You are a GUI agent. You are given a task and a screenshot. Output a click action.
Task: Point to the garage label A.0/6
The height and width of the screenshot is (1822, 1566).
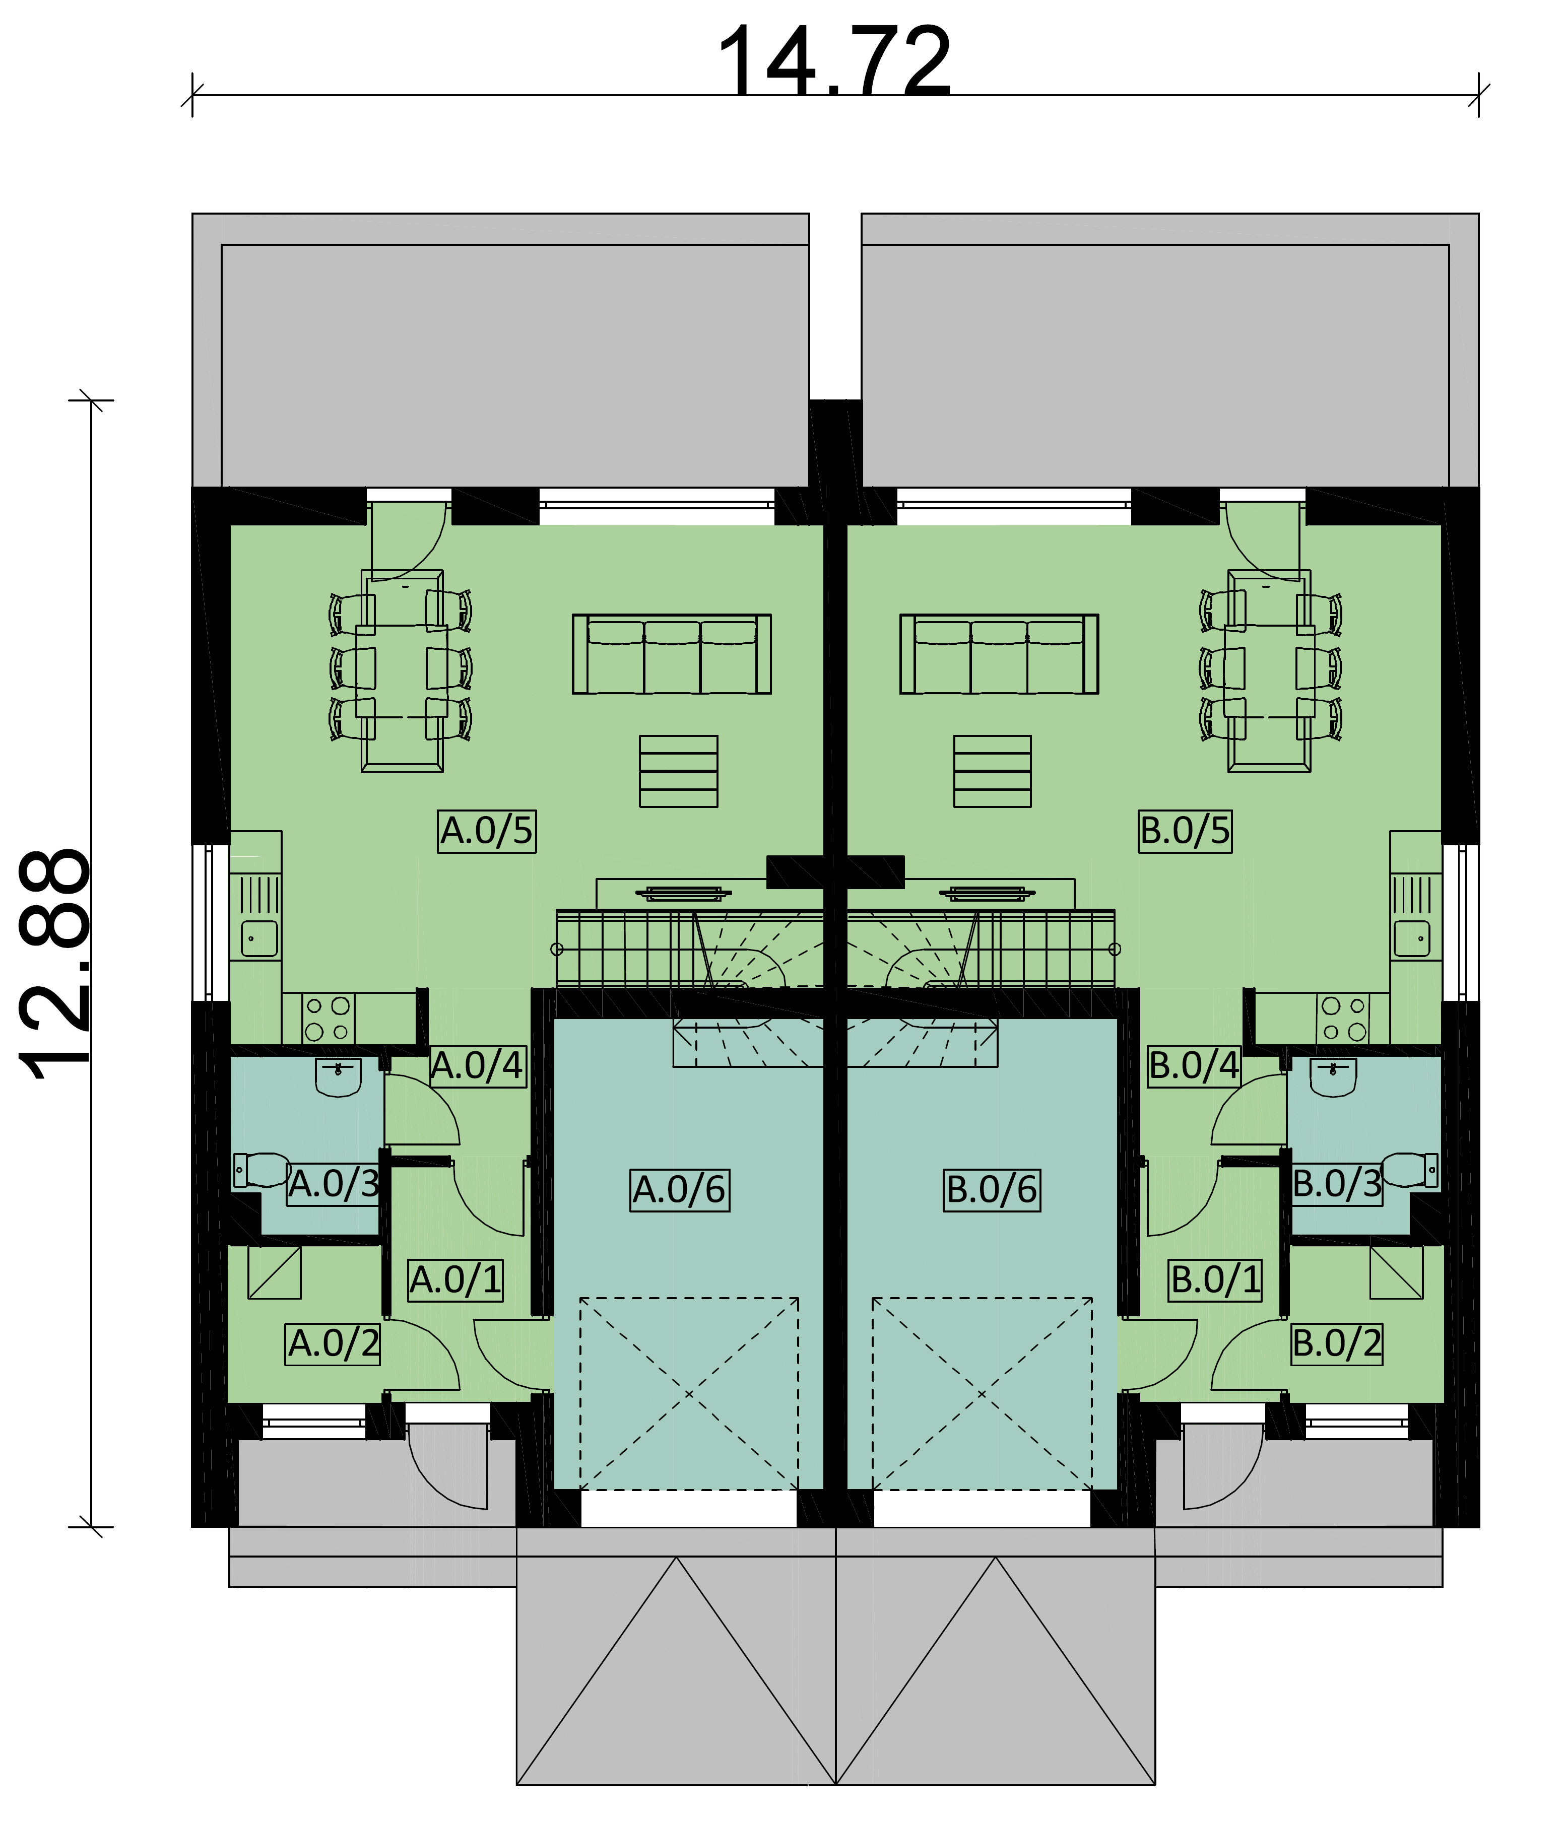click(x=679, y=1190)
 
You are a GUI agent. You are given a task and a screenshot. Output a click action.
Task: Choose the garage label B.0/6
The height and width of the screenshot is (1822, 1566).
click(x=992, y=1190)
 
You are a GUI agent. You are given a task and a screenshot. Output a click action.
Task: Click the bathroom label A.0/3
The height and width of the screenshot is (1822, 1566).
click(x=334, y=1184)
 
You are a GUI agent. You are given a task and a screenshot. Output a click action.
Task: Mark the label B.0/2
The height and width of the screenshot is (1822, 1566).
click(x=1336, y=1343)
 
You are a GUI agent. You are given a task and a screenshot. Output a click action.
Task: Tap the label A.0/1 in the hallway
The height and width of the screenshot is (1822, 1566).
click(x=455, y=1279)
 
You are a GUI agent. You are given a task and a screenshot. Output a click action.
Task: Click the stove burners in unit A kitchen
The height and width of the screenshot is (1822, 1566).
click(x=328, y=1018)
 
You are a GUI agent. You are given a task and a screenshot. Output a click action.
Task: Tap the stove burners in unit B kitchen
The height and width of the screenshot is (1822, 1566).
click(x=1343, y=1018)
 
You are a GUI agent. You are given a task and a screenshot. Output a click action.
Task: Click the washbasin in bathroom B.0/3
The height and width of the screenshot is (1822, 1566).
click(x=1333, y=1077)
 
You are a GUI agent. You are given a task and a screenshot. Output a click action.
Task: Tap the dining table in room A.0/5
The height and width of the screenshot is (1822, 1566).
click(x=402, y=671)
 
